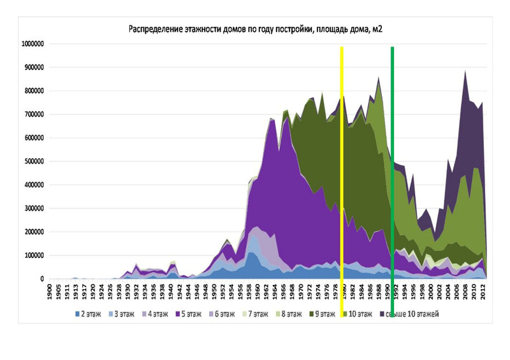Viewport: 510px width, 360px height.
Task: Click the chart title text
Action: click(255, 29)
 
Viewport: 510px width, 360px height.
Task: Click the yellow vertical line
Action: click(342, 159)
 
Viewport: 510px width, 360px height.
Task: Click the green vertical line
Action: click(392, 159)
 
